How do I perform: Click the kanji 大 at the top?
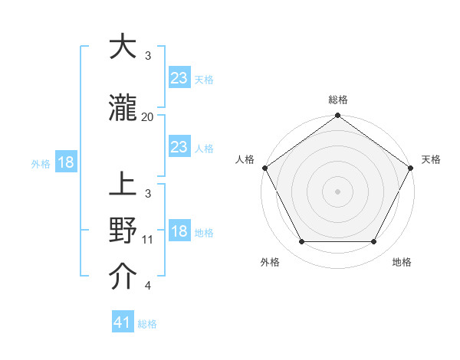[x=123, y=47]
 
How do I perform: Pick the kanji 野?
[x=123, y=231]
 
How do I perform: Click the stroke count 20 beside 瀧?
[x=148, y=117]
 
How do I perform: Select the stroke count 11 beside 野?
[x=148, y=240]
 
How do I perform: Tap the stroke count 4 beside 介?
[x=148, y=286]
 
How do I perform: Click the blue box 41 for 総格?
[x=123, y=322]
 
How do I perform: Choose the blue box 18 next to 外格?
[x=65, y=162]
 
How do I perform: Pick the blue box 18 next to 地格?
[x=179, y=231]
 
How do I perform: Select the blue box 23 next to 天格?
[x=179, y=77]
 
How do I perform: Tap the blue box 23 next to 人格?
[x=179, y=147]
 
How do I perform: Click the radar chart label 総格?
[x=337, y=100]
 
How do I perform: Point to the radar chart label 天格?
[x=431, y=159]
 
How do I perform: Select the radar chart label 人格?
[x=245, y=159]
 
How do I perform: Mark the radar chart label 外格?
[x=270, y=263]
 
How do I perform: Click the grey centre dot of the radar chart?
[x=337, y=191]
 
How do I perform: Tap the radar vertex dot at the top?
[x=337, y=116]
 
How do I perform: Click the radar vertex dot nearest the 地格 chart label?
[x=374, y=242]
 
